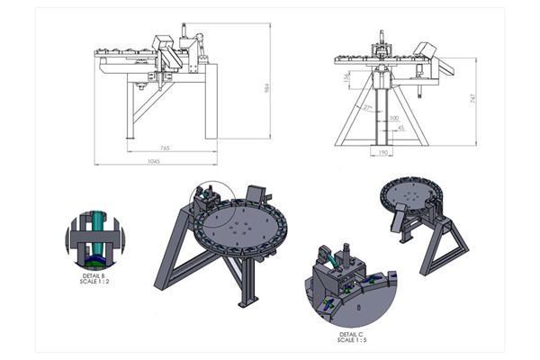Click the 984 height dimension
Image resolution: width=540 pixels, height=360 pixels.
click(267, 87)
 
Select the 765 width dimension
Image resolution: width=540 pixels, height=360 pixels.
click(166, 147)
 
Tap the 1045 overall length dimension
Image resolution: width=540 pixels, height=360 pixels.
click(159, 160)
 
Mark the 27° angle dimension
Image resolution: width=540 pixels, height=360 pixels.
click(367, 108)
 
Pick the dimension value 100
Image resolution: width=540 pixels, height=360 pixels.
click(394, 118)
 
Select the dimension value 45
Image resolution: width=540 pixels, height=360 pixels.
click(400, 128)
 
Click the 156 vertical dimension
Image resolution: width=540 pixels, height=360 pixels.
click(347, 79)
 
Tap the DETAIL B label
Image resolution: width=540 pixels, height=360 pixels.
click(93, 274)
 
